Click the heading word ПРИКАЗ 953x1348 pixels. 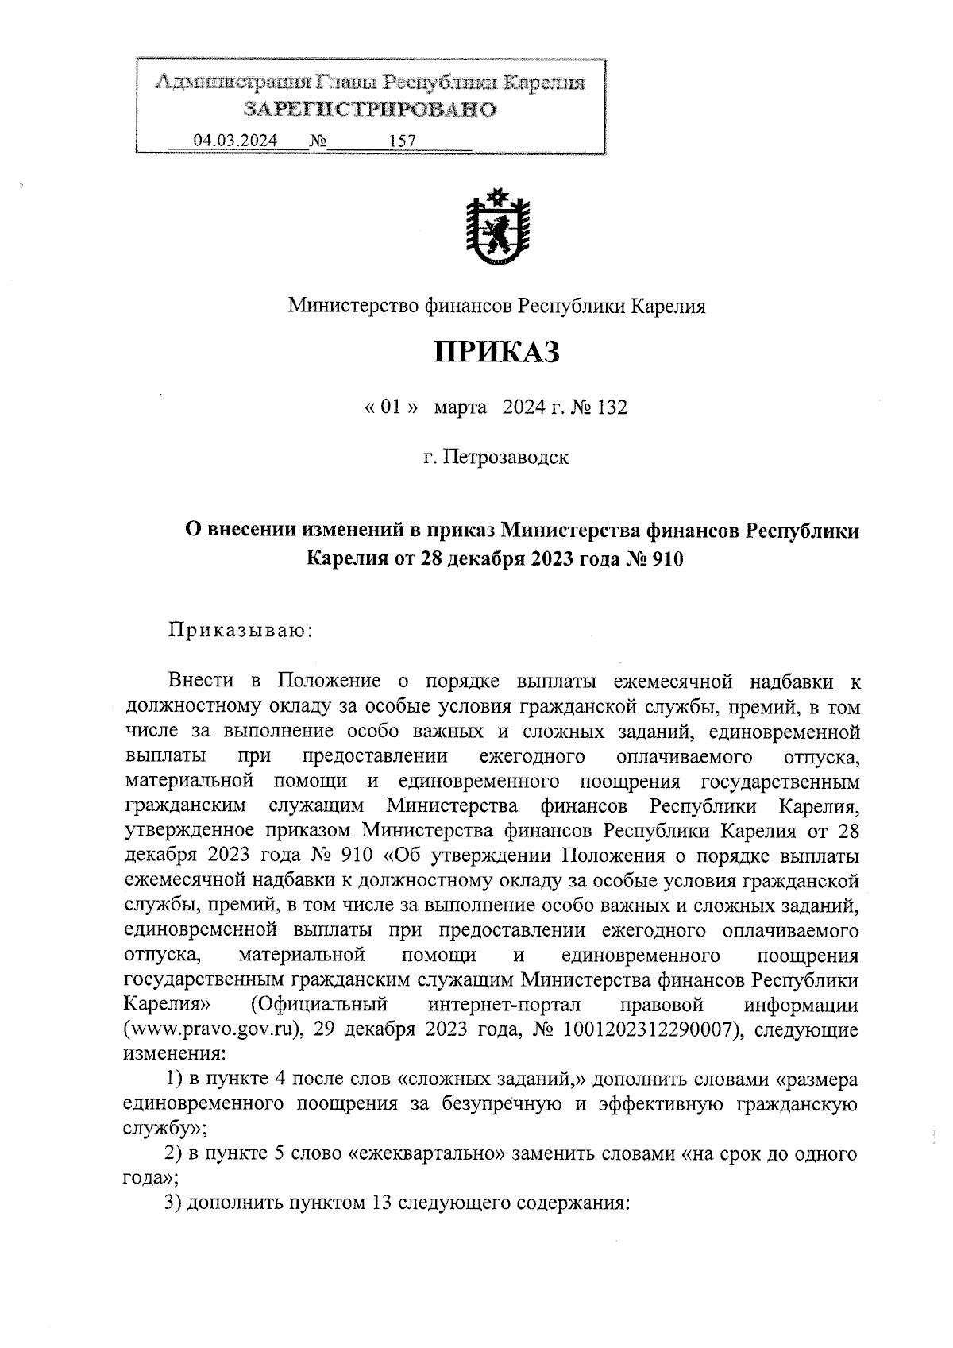(496, 352)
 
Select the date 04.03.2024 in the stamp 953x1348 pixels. (235, 141)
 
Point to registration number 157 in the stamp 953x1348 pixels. (403, 141)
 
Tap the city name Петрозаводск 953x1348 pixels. (505, 458)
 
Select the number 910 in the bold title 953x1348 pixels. (666, 559)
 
